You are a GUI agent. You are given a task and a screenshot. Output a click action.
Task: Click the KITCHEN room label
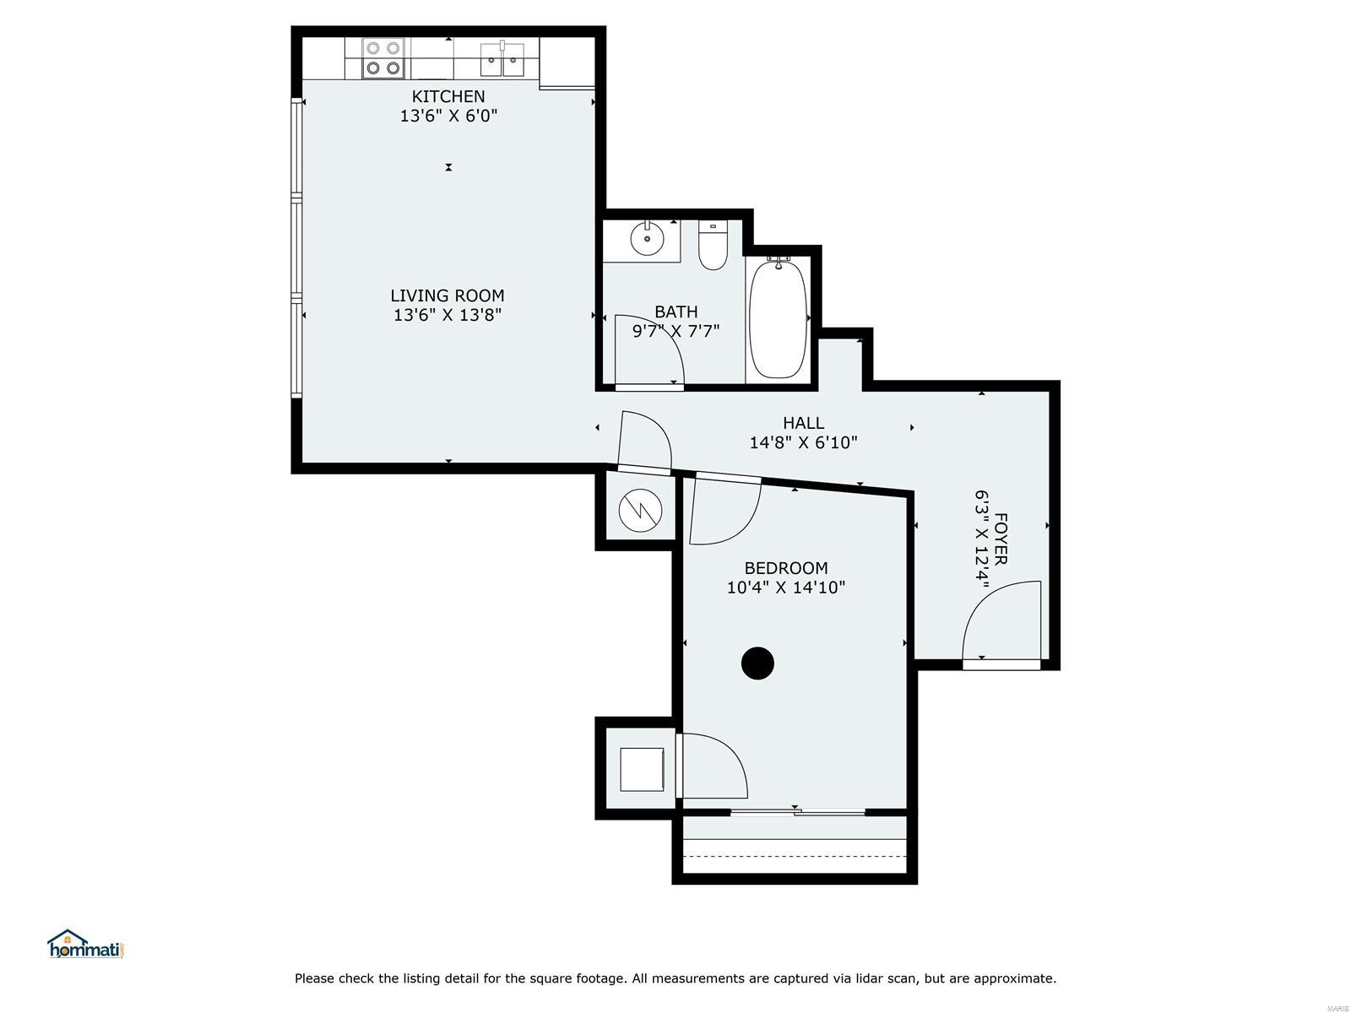pyautogui.click(x=448, y=96)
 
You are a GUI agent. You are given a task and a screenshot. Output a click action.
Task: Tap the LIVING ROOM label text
pyautogui.click(x=448, y=295)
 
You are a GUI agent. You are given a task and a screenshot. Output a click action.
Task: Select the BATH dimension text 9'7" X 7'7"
pyautogui.click(x=675, y=332)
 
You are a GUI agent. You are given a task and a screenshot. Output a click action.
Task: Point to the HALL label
pyautogui.click(x=803, y=423)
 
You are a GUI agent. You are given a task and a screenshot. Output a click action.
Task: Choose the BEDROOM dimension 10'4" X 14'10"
pyautogui.click(x=786, y=588)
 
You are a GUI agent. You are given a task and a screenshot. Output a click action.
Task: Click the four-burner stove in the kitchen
pyautogui.click(x=383, y=58)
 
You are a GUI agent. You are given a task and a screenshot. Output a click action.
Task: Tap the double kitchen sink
pyautogui.click(x=502, y=60)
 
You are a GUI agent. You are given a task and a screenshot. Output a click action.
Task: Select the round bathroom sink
pyautogui.click(x=647, y=238)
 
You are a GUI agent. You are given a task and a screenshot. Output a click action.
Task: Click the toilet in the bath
pyautogui.click(x=713, y=245)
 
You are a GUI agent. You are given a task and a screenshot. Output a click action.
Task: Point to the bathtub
pyautogui.click(x=778, y=318)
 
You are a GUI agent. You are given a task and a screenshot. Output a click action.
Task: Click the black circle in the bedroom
pyautogui.click(x=757, y=664)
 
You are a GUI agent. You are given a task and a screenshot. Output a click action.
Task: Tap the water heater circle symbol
pyautogui.click(x=640, y=511)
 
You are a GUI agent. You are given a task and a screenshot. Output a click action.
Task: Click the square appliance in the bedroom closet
pyautogui.click(x=642, y=769)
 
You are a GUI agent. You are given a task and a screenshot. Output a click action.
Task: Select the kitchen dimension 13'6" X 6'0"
pyautogui.click(x=448, y=116)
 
